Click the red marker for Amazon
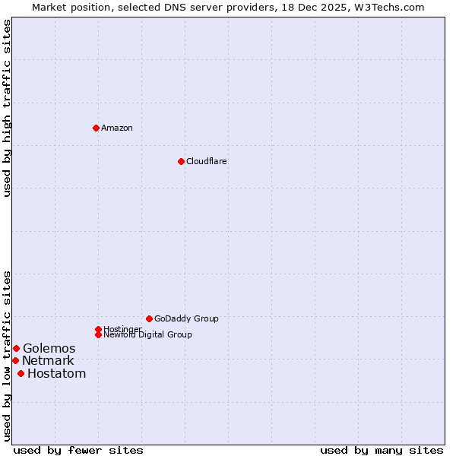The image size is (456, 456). [x=96, y=128]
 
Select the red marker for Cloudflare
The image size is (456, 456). [x=181, y=161]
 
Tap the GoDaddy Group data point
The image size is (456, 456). [x=149, y=318]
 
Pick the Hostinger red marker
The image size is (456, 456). [x=98, y=329]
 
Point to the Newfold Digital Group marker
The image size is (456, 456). [x=98, y=334]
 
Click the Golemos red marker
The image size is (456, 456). [x=16, y=348]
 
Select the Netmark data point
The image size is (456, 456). [x=15, y=360]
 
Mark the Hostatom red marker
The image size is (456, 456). [x=21, y=373]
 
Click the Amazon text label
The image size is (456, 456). [x=117, y=128]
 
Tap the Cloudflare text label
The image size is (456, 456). [x=207, y=161]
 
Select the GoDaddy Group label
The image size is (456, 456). [x=186, y=318]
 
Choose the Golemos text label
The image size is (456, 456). [x=49, y=348]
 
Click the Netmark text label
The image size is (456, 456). [x=48, y=360]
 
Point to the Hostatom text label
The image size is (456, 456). [x=56, y=373]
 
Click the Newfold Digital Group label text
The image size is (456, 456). [x=148, y=334]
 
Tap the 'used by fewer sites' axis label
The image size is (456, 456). [x=78, y=450]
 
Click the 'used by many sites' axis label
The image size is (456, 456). [x=382, y=450]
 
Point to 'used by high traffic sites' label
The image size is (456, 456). [x=7, y=108]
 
